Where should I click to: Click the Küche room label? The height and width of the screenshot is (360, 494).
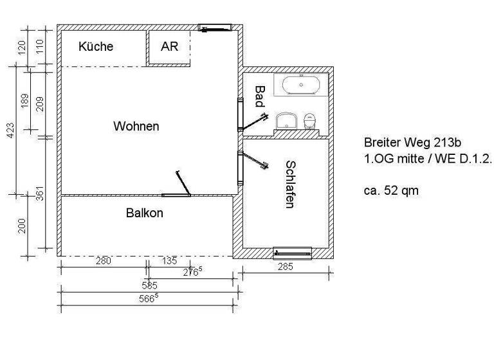point(96,46)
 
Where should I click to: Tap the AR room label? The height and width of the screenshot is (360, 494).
point(169,46)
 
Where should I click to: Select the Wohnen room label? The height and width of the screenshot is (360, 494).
point(136,126)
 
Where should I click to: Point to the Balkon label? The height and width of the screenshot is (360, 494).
point(144,213)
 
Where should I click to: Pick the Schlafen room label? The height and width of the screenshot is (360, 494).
point(290,184)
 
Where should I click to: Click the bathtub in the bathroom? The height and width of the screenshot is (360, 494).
point(301,85)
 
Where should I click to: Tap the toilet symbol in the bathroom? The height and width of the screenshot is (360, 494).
point(311,120)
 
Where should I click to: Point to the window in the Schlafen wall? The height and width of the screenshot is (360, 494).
point(292,251)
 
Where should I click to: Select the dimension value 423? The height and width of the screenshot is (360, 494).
point(10,130)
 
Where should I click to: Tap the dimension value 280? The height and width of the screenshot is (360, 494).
point(103,260)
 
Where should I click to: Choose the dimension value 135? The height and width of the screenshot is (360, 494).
point(169,260)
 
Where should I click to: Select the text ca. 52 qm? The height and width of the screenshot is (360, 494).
point(392,191)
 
